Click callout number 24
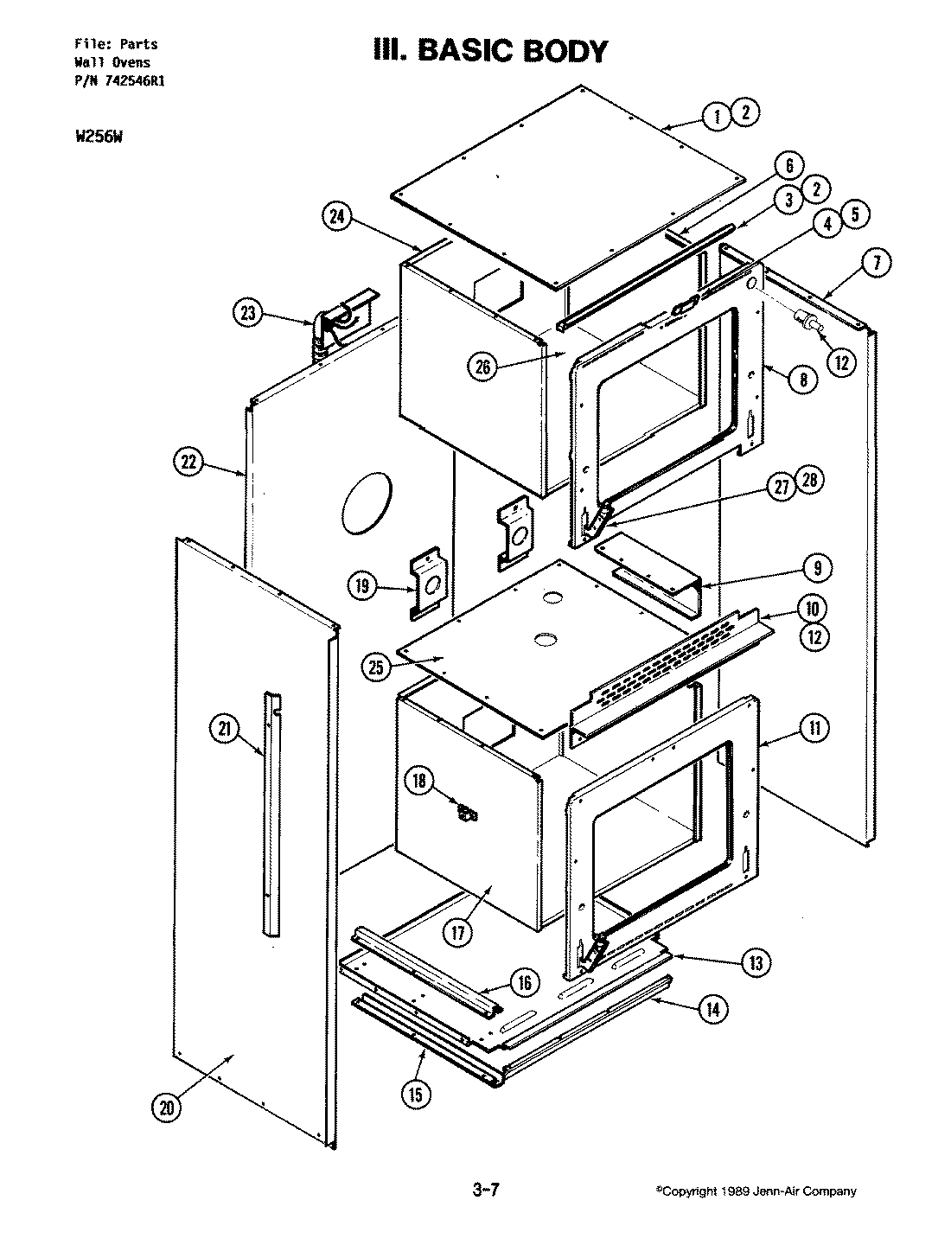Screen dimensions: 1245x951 (337, 217)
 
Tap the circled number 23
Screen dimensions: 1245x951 (249, 313)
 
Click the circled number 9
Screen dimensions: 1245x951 (817, 568)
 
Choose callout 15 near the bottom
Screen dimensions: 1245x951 (416, 1094)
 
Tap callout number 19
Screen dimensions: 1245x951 (362, 587)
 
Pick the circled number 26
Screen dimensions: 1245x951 (482, 367)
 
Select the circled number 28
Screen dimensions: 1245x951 (811, 481)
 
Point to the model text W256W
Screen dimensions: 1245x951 (95, 134)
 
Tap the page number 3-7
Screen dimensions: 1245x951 (487, 1191)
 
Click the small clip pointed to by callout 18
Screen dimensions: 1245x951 (468, 813)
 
